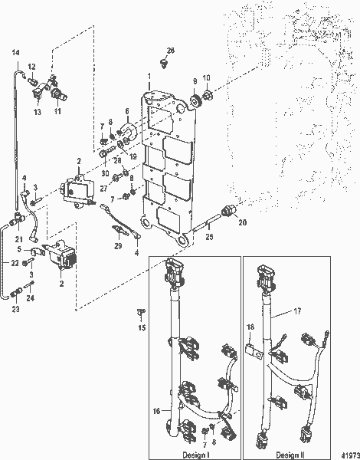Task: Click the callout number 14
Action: (15, 52)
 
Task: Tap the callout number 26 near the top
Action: (170, 51)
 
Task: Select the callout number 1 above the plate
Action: (149, 76)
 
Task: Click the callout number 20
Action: (243, 222)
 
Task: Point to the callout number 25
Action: (209, 237)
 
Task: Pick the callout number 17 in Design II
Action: (297, 311)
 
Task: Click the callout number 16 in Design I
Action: (156, 411)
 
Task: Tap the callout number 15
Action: (142, 327)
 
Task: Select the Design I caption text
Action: (195, 455)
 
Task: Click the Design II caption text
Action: (290, 455)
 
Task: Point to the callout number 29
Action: (118, 245)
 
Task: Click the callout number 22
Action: (15, 263)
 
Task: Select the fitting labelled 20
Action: (227, 211)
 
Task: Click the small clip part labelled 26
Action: (164, 63)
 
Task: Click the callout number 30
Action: (105, 173)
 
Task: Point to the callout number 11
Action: (57, 111)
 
